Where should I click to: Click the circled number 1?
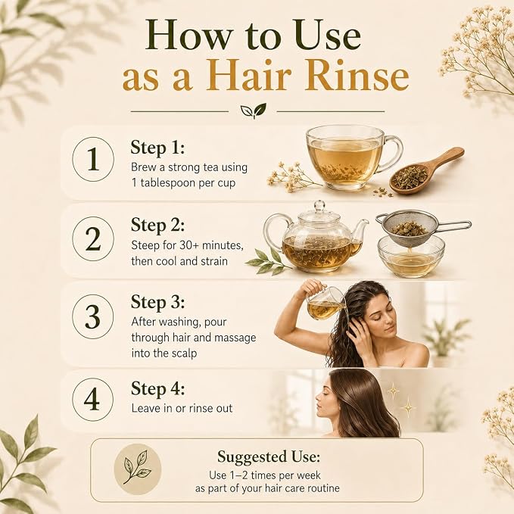(93, 159)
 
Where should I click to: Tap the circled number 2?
(93, 239)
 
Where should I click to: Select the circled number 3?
(93, 316)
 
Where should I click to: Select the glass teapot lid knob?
(319, 206)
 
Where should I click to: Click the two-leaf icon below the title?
(254, 111)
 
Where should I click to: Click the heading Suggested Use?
(269, 457)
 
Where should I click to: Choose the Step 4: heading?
(157, 389)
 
